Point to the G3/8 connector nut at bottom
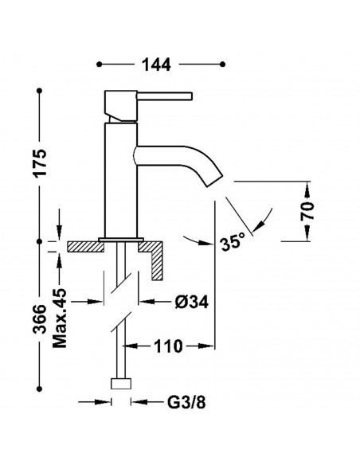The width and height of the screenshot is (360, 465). tap(121, 384)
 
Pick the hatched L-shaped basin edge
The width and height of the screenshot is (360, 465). tap(155, 256)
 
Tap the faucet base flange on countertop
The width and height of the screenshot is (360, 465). tap(120, 239)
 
